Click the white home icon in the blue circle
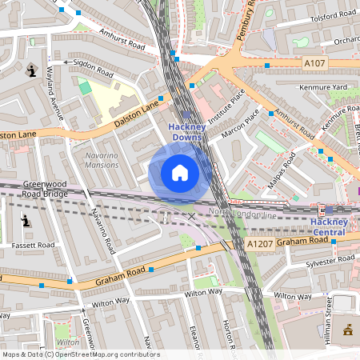click(180, 173)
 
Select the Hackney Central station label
click(330, 226)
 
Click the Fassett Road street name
click(32, 245)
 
